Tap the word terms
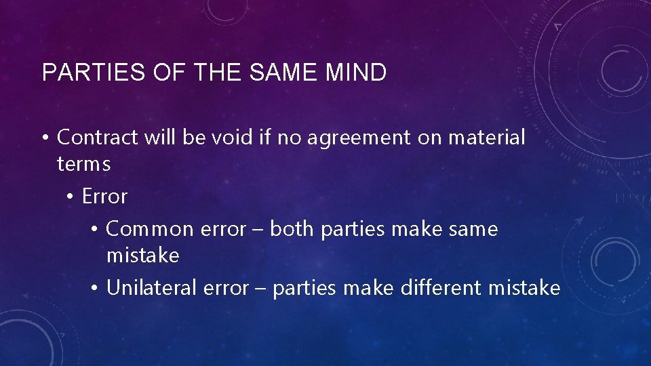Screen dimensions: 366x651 pyautogui.click(x=83, y=164)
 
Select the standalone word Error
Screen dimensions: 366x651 pyautogui.click(x=104, y=197)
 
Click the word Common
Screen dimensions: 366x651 pyautogui.click(x=150, y=230)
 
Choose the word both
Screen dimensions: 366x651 pyautogui.click(x=293, y=229)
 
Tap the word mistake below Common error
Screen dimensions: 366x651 pyautogui.click(x=142, y=256)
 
